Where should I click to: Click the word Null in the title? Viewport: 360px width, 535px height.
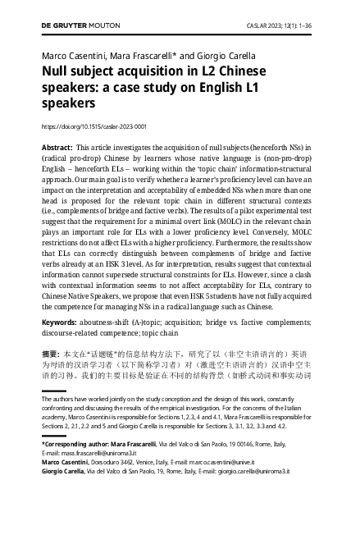click(x=55, y=71)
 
